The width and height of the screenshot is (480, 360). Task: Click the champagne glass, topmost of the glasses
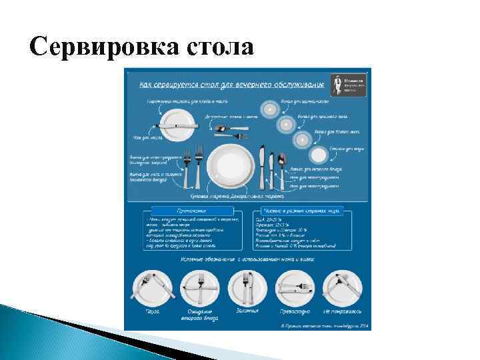[x=270, y=109]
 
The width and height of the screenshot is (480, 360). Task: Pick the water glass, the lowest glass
[x=319, y=155]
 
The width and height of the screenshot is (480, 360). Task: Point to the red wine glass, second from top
[x=286, y=123]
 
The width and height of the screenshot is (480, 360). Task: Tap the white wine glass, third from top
[x=303, y=139]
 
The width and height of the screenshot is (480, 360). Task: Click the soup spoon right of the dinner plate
[x=281, y=167]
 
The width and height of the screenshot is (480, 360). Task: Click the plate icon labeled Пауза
[x=154, y=287]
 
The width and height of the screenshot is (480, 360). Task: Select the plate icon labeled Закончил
[x=247, y=287]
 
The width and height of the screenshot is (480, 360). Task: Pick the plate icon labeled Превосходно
[x=294, y=287]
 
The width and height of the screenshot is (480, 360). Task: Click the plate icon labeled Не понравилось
[x=341, y=287]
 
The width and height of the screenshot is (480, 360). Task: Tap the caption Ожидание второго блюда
[x=200, y=314]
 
